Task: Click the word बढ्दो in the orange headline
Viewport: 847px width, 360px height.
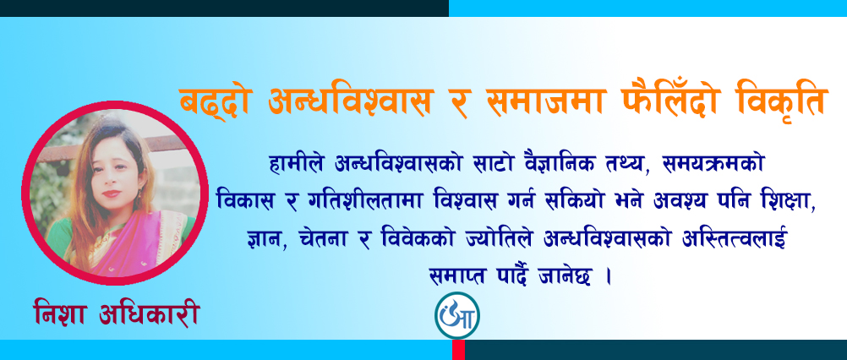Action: point(212,102)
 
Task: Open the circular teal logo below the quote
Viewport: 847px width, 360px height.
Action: point(457,317)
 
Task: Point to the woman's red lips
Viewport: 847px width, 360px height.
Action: point(110,194)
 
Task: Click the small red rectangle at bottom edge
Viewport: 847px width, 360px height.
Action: point(458,350)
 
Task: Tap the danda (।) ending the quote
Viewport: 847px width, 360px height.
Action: point(609,278)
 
